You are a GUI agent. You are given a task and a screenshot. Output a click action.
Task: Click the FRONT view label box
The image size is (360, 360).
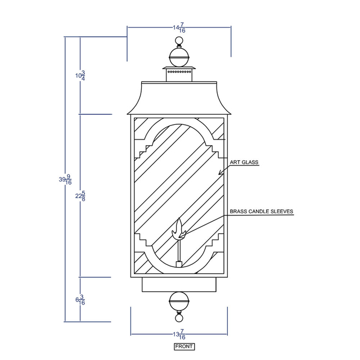(x=184, y=346)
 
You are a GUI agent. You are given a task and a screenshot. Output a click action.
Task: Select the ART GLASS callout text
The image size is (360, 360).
(x=244, y=162)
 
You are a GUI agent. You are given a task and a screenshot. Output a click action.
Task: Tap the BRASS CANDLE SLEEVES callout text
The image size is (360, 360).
(x=261, y=211)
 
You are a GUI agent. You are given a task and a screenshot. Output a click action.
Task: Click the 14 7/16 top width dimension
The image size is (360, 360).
(x=179, y=28)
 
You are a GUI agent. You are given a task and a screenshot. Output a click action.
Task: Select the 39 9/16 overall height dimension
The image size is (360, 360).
(x=65, y=179)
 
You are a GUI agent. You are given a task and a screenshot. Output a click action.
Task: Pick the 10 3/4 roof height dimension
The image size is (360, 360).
(x=80, y=75)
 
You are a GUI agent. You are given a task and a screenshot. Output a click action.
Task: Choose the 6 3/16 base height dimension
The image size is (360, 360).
(x=80, y=300)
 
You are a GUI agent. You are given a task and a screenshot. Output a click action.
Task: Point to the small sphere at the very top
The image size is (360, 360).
(x=179, y=41)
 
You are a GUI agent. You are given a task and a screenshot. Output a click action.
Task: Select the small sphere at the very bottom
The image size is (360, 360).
(x=179, y=318)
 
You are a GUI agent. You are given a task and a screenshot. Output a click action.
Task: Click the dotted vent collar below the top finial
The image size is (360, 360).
(x=179, y=72)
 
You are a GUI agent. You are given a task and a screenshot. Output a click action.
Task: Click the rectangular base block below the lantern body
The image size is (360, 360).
(x=179, y=285)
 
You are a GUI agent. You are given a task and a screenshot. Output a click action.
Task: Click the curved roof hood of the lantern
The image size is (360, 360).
(x=179, y=98)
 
